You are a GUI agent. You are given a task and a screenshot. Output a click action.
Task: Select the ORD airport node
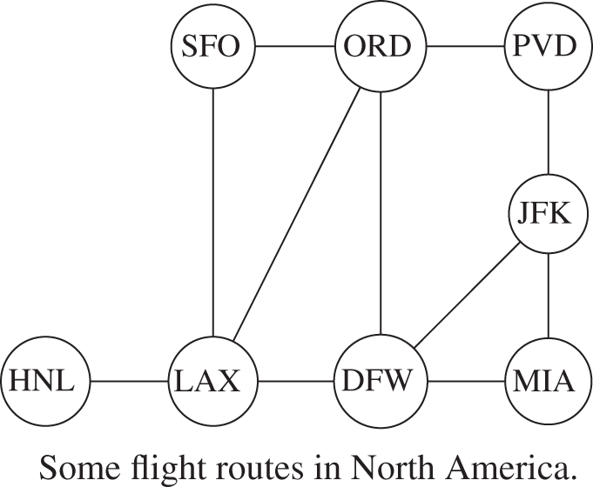point(380,46)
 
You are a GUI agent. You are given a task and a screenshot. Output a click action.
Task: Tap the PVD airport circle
point(548,46)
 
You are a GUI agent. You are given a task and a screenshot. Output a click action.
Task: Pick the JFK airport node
point(548,213)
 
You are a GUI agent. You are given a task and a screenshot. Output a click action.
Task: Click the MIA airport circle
point(548,381)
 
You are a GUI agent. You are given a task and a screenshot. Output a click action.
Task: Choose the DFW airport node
point(381,381)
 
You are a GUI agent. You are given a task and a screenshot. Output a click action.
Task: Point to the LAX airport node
point(213,381)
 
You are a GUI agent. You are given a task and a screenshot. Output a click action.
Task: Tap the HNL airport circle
point(46,381)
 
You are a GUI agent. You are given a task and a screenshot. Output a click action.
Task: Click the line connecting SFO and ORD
point(295,46)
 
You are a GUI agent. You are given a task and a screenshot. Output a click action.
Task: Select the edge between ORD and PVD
point(465,46)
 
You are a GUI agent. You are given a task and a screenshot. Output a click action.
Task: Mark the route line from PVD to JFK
point(548,132)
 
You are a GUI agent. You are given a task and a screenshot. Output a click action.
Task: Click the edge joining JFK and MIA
point(548,296)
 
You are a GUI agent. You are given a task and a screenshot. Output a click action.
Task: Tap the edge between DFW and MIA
point(466,381)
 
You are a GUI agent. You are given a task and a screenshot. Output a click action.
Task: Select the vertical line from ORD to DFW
point(381,213)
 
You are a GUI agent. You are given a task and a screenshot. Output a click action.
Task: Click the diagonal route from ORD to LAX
point(296,213)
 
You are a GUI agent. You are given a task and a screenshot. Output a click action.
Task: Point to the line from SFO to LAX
point(213,212)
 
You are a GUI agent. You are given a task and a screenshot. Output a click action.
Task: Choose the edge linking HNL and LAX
point(130,381)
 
